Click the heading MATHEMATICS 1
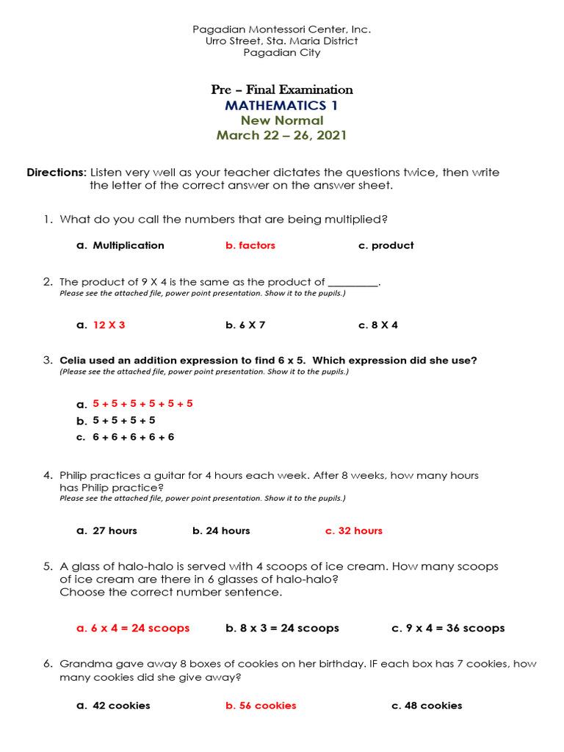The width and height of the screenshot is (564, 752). click(281, 106)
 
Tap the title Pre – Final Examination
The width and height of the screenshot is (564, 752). click(282, 90)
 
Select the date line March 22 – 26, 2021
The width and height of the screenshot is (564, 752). click(281, 135)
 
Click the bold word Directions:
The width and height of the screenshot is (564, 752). click(57, 173)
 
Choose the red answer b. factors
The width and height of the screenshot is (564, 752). click(250, 245)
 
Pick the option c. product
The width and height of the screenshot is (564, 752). click(386, 245)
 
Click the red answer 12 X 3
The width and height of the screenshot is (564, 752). click(109, 325)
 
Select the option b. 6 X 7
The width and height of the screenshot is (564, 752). click(245, 325)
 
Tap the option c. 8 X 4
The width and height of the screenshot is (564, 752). click(377, 325)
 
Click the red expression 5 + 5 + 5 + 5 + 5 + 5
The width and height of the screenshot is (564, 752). click(142, 404)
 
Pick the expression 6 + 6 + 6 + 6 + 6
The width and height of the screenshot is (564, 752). click(133, 437)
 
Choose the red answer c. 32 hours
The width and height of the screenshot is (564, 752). click(353, 530)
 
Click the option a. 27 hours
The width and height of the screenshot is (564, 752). click(106, 530)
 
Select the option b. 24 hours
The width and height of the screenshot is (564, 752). click(221, 530)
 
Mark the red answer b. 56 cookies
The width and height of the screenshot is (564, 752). click(261, 705)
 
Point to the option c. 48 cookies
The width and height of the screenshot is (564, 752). click(427, 705)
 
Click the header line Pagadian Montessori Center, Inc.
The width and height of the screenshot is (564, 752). click(281, 29)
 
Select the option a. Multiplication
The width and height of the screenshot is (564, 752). click(120, 245)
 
